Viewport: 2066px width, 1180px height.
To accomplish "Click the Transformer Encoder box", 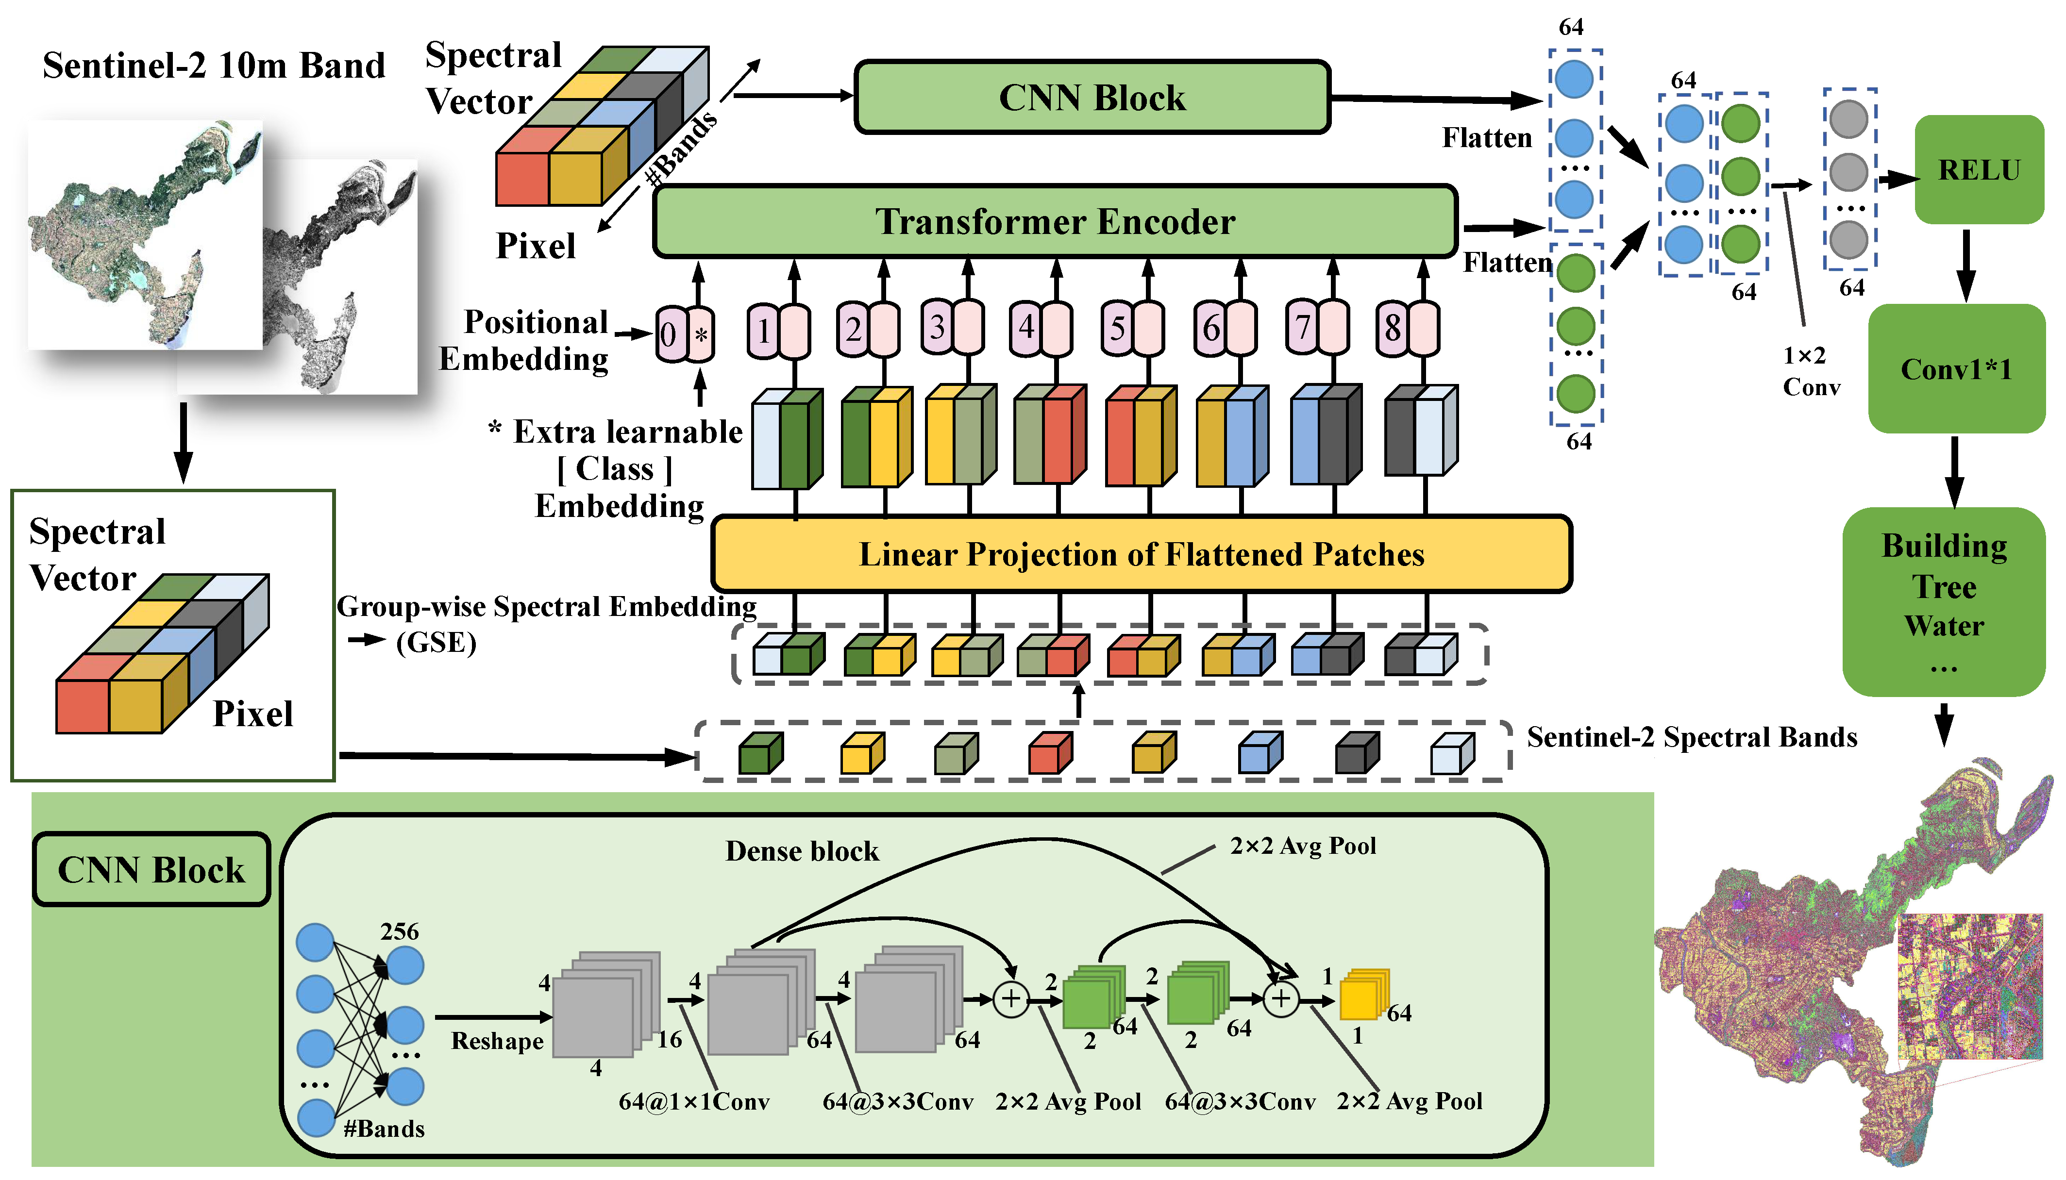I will (1054, 221).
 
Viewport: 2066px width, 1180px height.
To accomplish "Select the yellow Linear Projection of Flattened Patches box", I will (1141, 554).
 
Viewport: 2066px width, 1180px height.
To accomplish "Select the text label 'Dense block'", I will (801, 851).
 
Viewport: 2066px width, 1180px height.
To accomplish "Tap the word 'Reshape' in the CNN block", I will (497, 1041).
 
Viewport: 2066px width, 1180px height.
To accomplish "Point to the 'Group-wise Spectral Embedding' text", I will (545, 607).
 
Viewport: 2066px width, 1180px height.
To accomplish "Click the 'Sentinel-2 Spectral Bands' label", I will (1692, 737).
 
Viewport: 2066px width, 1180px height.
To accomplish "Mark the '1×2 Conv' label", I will (1810, 371).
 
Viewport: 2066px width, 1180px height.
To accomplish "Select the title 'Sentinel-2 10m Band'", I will (213, 66).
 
